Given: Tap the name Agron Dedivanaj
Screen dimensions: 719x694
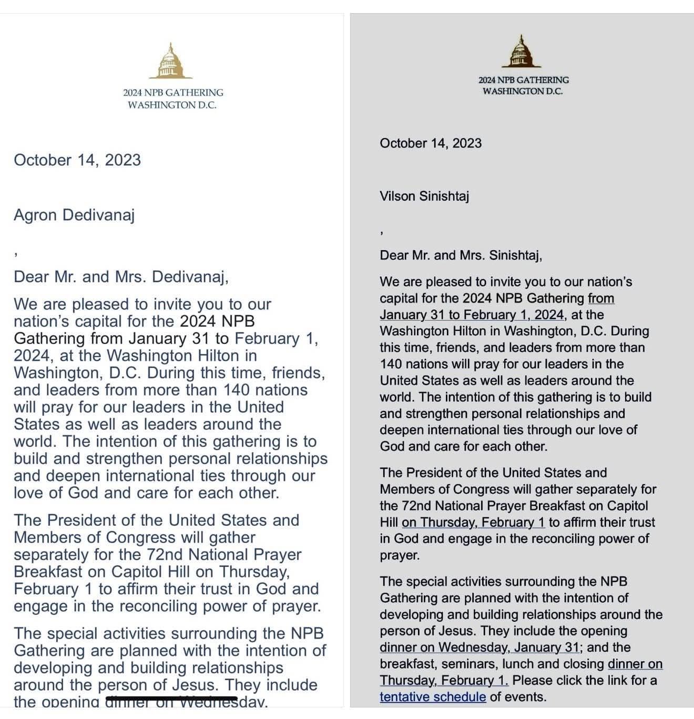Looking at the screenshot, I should coord(74,215).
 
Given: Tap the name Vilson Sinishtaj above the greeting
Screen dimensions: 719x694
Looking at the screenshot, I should coord(424,196).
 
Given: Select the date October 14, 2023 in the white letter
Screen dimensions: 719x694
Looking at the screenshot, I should coord(77,160).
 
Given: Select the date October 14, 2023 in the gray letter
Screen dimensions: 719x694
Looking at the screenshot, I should coord(431,143).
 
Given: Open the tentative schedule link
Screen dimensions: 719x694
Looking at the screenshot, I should coord(433,696).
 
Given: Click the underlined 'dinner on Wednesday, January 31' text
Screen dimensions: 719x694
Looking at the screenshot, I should coord(479,647).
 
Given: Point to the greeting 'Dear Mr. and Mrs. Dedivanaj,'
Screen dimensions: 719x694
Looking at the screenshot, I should coord(121,277).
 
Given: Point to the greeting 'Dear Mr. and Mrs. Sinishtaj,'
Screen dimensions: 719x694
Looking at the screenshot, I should coord(461,255).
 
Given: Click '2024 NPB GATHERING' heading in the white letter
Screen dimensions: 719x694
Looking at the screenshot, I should coord(173,92).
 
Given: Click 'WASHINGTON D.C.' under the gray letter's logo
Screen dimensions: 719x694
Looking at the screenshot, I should coord(523,91).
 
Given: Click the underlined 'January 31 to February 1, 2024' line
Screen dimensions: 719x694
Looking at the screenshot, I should coord(472,315).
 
